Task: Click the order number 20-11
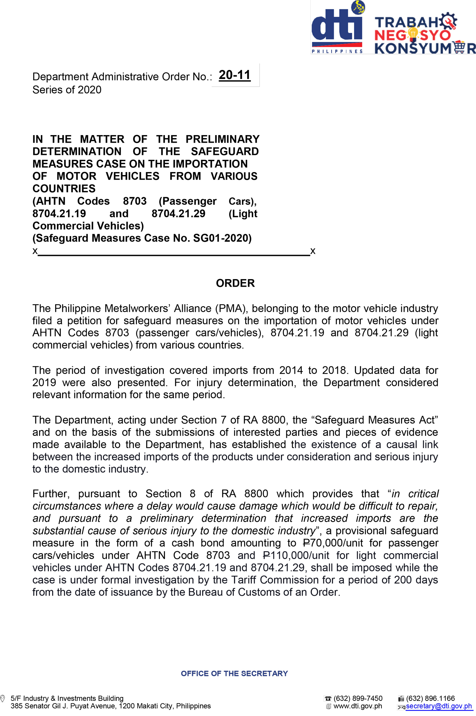(234, 75)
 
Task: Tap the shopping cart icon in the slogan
(459, 47)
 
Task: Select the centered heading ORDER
(235, 283)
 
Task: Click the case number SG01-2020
(222, 238)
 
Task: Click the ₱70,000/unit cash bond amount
(333, 543)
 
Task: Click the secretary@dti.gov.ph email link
(438, 706)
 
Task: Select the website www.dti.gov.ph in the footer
(358, 706)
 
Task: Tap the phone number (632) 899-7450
(358, 698)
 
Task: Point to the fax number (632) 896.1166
(430, 698)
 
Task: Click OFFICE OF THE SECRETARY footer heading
(234, 673)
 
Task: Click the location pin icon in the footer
(3, 698)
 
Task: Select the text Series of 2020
(67, 90)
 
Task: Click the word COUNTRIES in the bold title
(64, 189)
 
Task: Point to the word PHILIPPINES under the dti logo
(337, 52)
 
